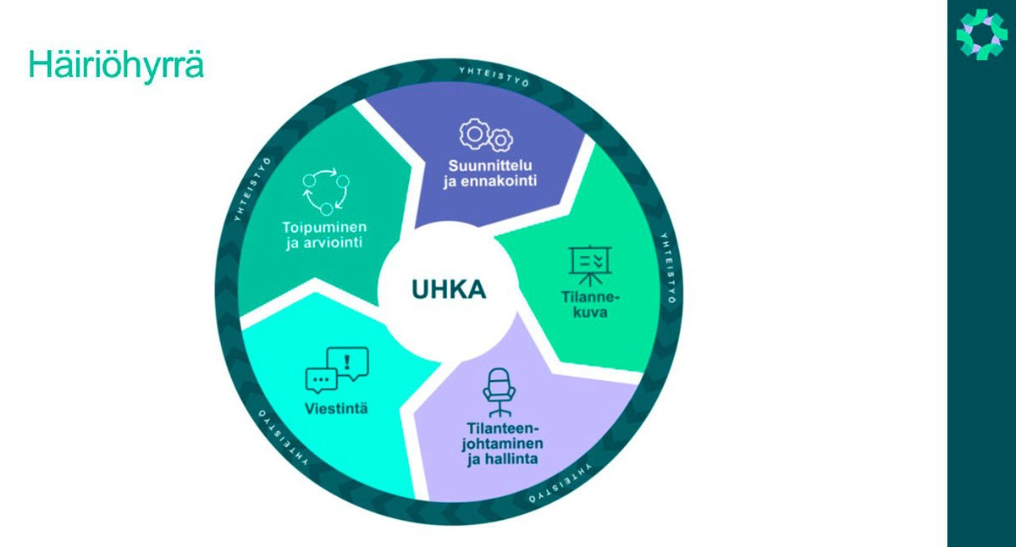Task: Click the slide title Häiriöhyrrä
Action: click(x=116, y=65)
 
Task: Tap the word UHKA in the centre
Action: click(x=449, y=290)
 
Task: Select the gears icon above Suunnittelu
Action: click(x=485, y=135)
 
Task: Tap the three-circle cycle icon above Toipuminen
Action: click(x=325, y=192)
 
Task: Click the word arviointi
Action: click(x=334, y=246)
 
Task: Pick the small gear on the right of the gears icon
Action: click(x=501, y=138)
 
